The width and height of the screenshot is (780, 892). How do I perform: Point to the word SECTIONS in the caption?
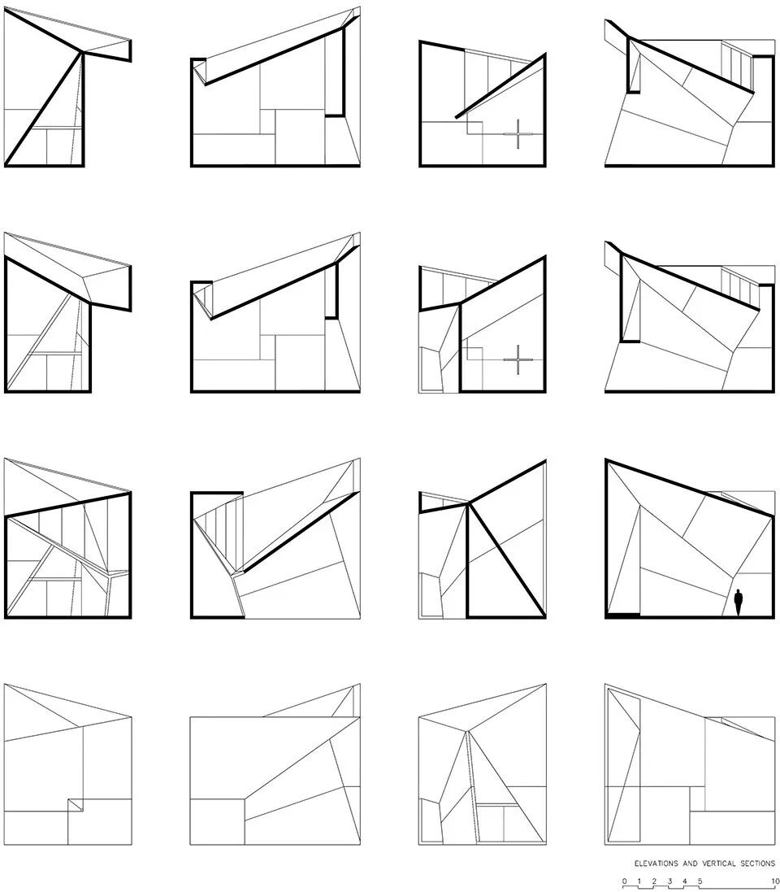tap(757, 864)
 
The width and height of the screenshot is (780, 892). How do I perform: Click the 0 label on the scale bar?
tap(624, 881)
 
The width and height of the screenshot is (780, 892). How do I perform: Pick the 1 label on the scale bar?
tap(639, 881)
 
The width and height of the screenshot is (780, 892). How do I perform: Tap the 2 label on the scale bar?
tap(654, 881)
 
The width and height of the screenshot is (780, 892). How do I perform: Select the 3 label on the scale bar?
tap(669, 881)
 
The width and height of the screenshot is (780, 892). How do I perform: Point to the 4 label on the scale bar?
tap(684, 881)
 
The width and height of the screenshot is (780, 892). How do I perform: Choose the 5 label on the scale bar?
tap(700, 881)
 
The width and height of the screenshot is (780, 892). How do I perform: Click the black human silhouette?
tap(738, 603)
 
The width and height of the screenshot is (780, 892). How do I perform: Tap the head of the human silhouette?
tap(738, 592)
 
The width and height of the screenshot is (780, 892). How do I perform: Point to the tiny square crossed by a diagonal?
tap(76, 804)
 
